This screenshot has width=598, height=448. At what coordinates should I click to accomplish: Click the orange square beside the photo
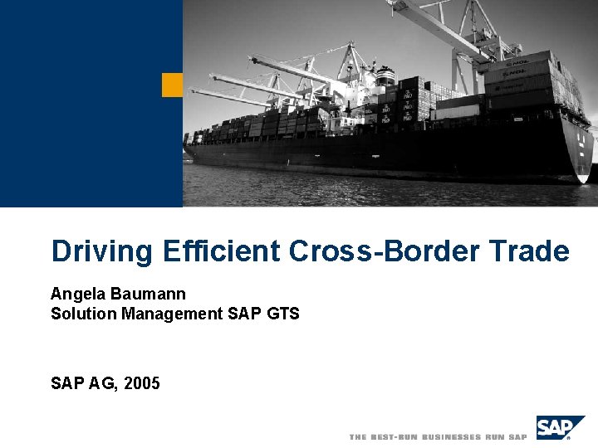tap(172, 85)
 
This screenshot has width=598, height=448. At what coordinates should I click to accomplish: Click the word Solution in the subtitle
tap(84, 314)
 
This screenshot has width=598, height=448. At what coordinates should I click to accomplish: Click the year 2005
tap(142, 383)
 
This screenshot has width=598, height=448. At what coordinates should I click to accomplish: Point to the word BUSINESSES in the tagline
tap(453, 436)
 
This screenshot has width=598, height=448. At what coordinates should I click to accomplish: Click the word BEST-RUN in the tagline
tap(395, 436)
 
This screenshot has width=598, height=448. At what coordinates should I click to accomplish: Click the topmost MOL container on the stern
tap(516, 63)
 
